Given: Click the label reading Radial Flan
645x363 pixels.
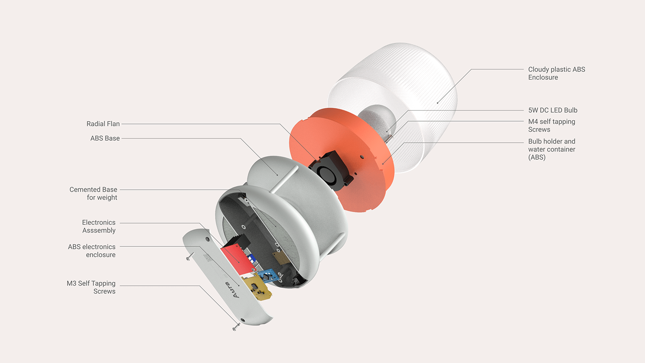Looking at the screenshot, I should pos(103,124).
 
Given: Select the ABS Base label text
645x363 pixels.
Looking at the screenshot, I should pos(105,138).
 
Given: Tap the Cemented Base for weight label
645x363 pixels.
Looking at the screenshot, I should pos(94,193).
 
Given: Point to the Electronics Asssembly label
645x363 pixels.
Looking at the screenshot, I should pos(99,226).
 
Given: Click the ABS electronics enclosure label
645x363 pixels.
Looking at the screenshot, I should pos(92,251).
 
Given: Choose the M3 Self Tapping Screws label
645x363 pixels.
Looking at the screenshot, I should pos(91,287).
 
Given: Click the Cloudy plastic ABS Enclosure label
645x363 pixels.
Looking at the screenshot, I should pos(557,73).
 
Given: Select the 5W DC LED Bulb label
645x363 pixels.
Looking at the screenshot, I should pos(552,110).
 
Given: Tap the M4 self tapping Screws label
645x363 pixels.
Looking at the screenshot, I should pos(551,125).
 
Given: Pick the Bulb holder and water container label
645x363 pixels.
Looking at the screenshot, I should pos(551,149).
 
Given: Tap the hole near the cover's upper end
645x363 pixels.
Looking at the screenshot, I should pos(207,240).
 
